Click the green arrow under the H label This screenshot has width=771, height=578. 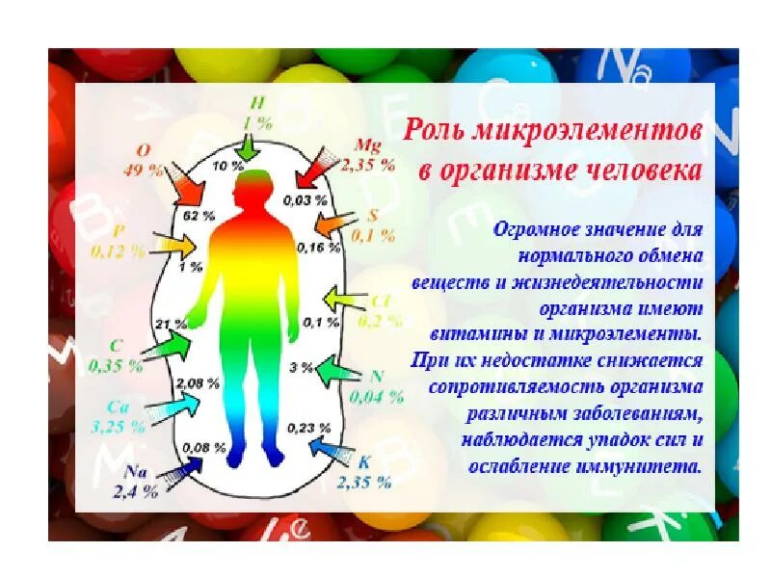(250, 145)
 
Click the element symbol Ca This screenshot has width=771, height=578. (118, 407)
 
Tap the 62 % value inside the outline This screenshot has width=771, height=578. (197, 216)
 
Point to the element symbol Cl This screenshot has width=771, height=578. (380, 301)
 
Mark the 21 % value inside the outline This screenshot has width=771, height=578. (170, 324)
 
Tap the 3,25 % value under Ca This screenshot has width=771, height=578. (120, 425)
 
